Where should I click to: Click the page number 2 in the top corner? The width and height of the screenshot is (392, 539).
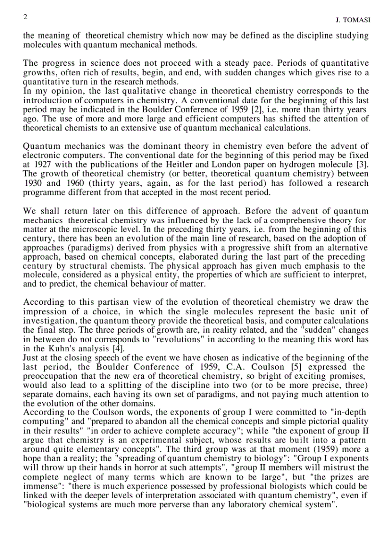pos(25,17)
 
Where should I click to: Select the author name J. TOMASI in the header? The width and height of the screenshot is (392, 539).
pos(352,21)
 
